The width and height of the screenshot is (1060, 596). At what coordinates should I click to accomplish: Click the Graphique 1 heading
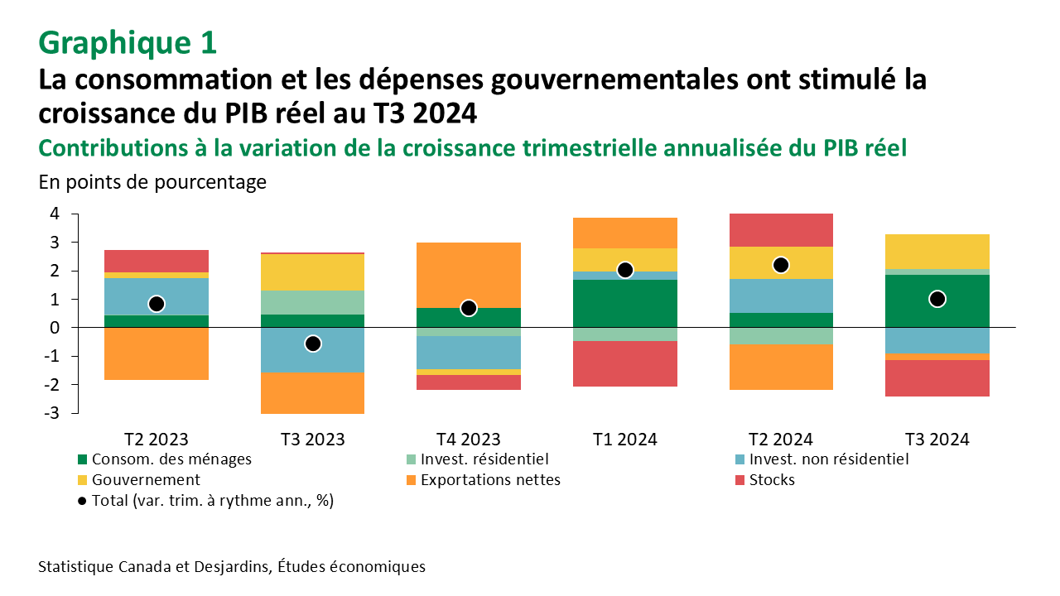[x=128, y=42]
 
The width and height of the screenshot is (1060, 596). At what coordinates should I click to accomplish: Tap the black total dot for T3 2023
[x=312, y=344]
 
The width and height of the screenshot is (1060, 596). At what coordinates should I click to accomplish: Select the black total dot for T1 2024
[x=625, y=270]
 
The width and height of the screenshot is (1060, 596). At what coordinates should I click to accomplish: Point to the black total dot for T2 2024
[x=781, y=265]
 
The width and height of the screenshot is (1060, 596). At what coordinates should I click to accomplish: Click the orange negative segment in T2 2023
[x=157, y=353]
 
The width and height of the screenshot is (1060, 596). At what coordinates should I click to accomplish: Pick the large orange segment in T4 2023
[x=469, y=275]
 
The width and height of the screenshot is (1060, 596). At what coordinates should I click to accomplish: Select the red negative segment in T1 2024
[x=625, y=363]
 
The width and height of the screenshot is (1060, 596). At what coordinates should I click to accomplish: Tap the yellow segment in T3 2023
[x=312, y=272]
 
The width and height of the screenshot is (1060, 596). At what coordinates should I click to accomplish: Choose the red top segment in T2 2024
[x=781, y=230]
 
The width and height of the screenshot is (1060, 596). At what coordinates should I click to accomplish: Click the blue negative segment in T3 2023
[x=312, y=349]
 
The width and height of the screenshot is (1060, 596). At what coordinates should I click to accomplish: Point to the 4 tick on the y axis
[x=54, y=214]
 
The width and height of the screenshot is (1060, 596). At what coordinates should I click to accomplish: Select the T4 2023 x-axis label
[x=469, y=439]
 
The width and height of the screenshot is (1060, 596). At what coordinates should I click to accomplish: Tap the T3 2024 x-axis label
[x=937, y=439]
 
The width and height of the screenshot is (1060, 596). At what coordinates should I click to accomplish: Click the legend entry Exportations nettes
[x=490, y=480]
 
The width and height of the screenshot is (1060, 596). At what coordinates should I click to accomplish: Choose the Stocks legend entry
[x=771, y=480]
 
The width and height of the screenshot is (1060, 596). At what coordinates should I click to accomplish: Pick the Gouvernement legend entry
[x=146, y=480]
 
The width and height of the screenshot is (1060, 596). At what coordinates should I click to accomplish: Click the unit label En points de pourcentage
[x=152, y=182]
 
